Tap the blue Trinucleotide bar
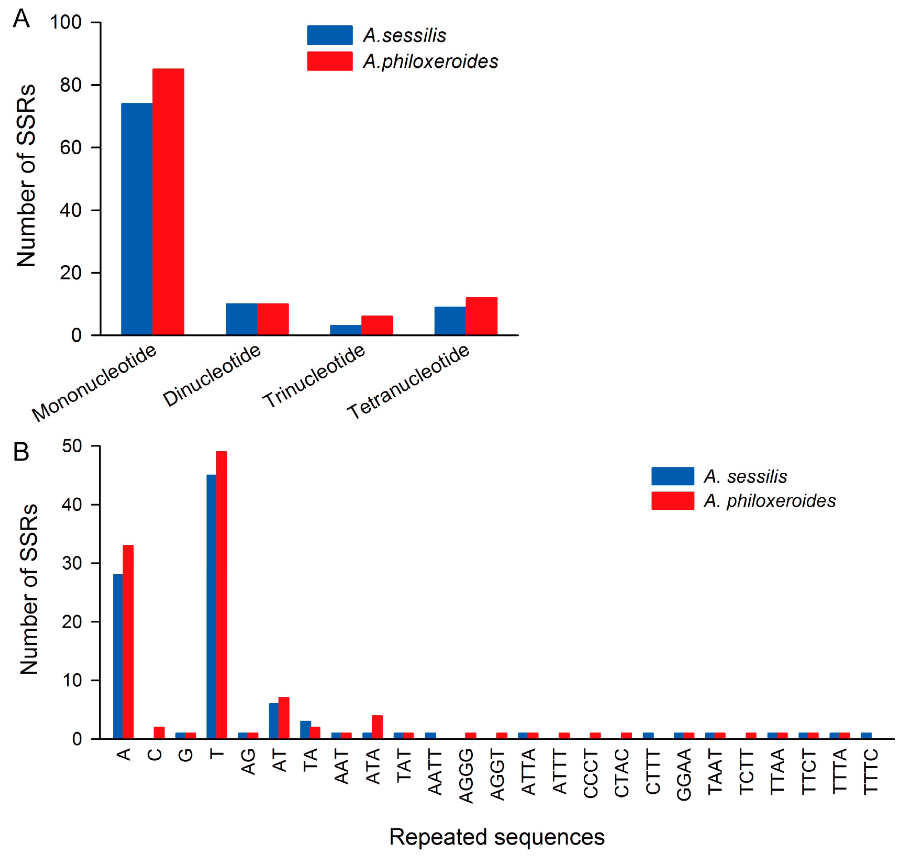346,330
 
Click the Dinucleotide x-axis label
212,376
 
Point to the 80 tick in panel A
71,85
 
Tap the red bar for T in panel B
221,594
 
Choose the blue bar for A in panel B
118,656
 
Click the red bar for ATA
377,727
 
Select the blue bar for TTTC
866,735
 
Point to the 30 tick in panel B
72,563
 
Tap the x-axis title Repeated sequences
497,837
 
